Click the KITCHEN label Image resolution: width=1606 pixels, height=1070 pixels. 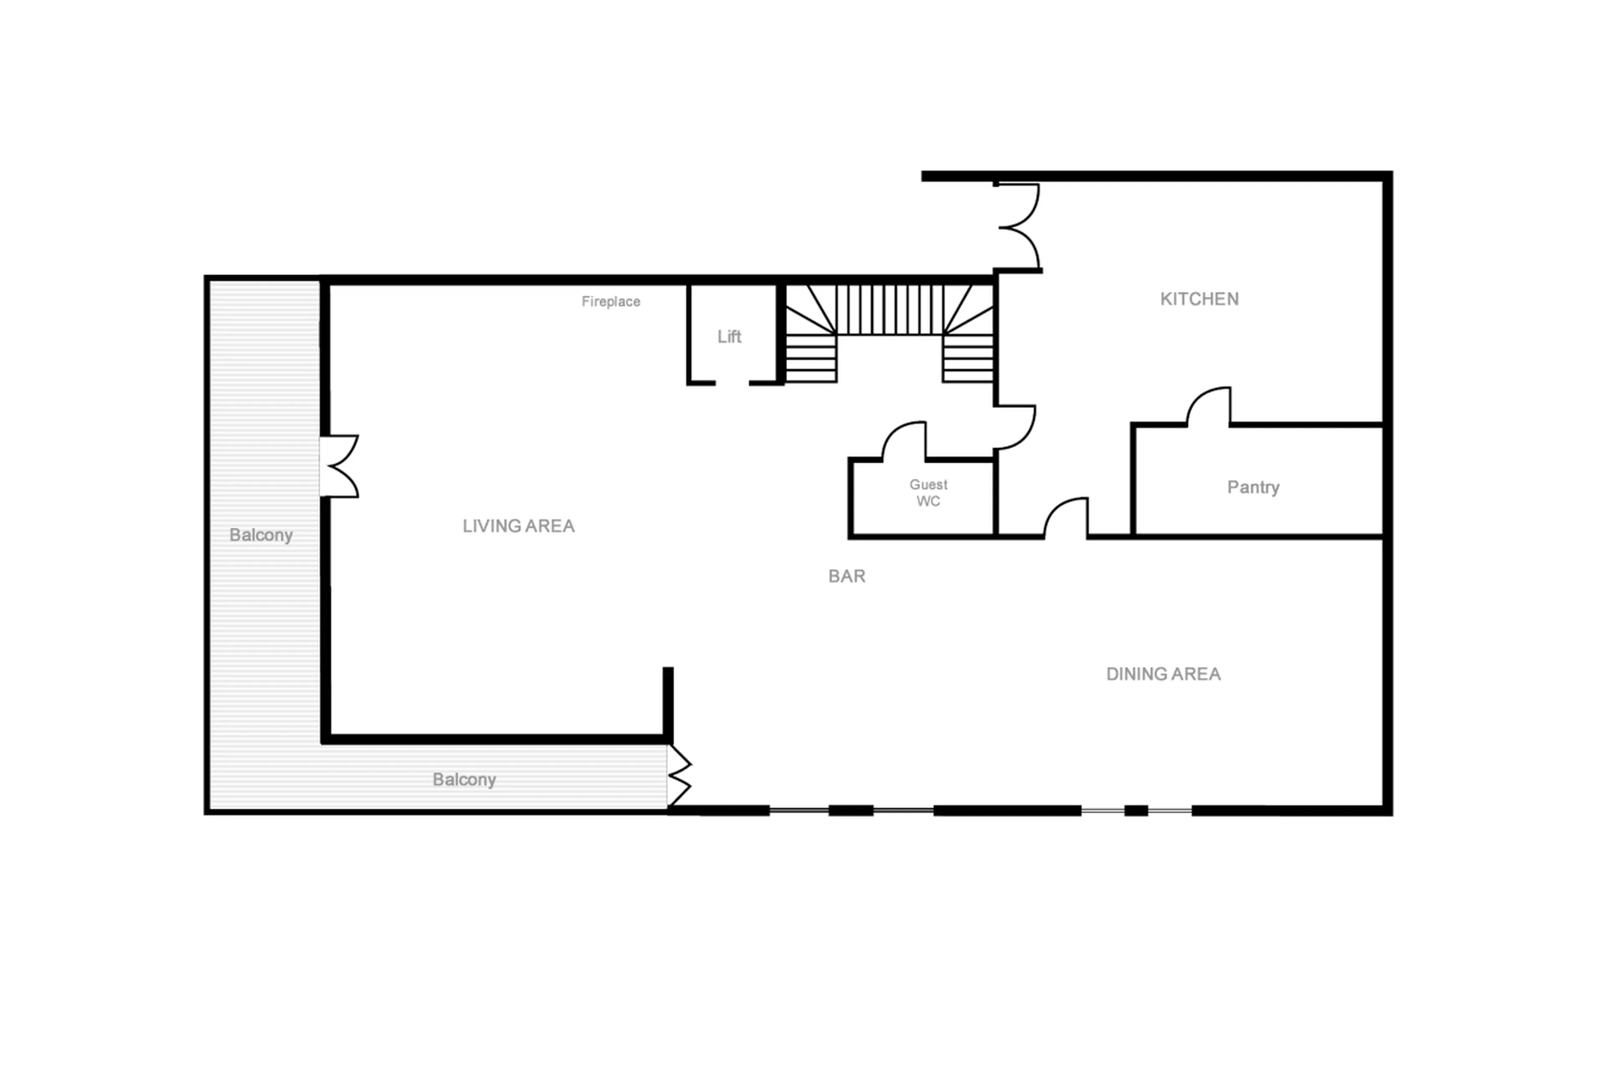pyautogui.click(x=1199, y=299)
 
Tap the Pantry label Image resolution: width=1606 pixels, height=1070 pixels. pyautogui.click(x=1253, y=487)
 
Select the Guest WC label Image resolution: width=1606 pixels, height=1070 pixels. pyautogui.click(x=928, y=493)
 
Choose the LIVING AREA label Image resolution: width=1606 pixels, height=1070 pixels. pyautogui.click(x=518, y=526)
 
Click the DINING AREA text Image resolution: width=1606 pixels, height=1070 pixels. pyautogui.click(x=1163, y=674)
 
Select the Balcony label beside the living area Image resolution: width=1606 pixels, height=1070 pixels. pyautogui.click(x=261, y=535)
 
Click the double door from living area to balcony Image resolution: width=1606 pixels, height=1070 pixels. pyautogui.click(x=339, y=466)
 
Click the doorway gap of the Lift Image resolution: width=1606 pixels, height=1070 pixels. pyautogui.click(x=731, y=383)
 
